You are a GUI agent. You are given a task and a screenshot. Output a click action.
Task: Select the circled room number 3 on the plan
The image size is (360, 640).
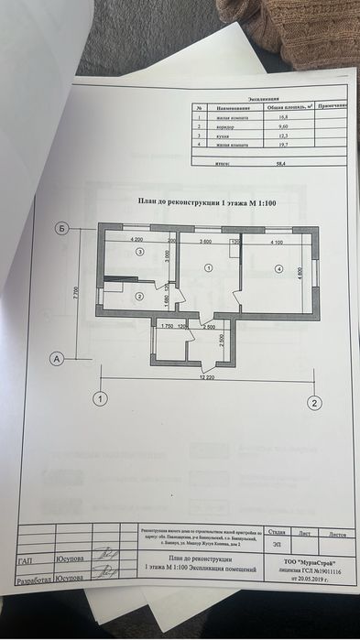click(139, 250)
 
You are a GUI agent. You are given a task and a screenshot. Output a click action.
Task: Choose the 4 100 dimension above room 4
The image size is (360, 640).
click(277, 242)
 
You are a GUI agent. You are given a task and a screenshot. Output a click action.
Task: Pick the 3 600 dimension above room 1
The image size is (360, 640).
click(207, 242)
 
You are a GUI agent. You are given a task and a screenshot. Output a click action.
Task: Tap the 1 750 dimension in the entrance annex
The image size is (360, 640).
click(167, 325)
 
